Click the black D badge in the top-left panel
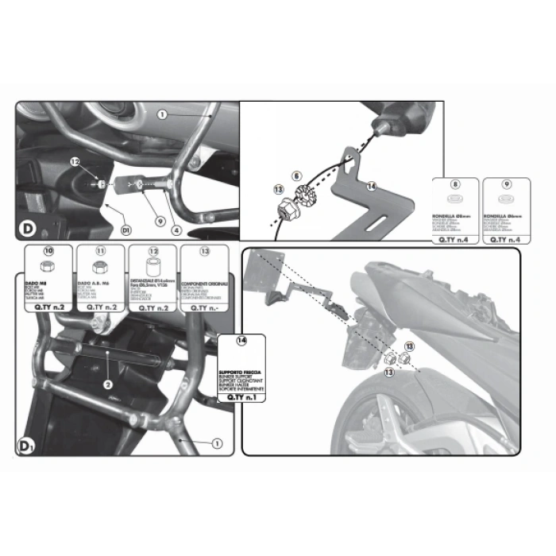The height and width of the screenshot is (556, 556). (x=26, y=229)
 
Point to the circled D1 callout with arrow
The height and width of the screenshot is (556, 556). (x=125, y=230)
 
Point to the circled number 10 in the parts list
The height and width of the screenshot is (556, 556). (x=48, y=251)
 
